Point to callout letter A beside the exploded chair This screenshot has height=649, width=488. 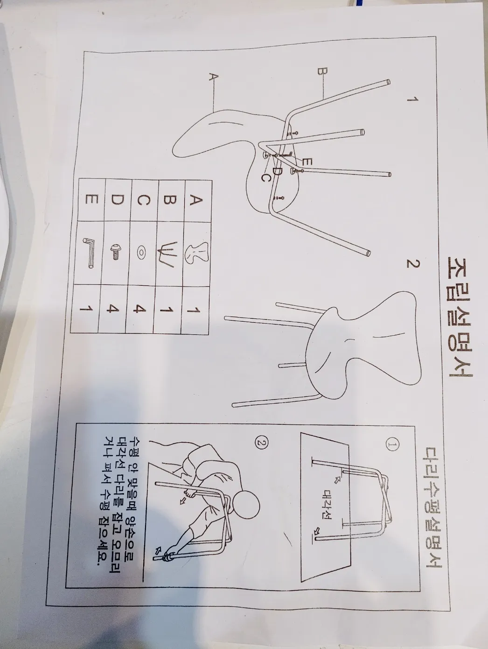[213, 77]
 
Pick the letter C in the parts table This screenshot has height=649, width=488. [143, 200]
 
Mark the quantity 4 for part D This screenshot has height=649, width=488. [113, 309]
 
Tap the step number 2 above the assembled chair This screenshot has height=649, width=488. [411, 264]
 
